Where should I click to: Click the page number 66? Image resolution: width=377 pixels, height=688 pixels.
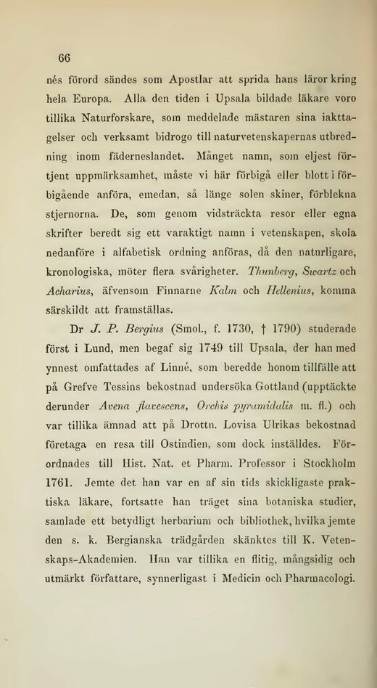(59, 59)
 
